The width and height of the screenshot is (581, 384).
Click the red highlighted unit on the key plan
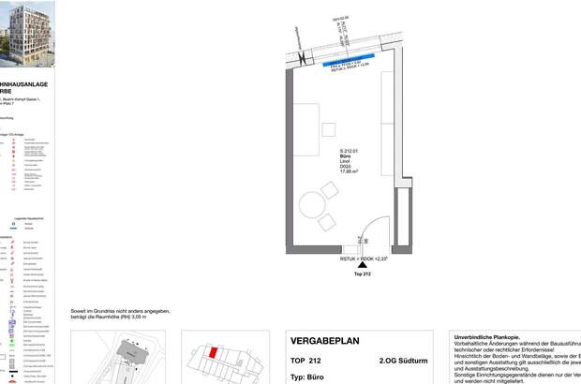point(213,354)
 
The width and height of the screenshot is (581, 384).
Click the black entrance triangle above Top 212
point(363,267)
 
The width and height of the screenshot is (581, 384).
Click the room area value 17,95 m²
point(350,171)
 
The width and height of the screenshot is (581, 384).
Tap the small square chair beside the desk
point(328,128)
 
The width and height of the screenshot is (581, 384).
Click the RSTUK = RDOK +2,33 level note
point(363,258)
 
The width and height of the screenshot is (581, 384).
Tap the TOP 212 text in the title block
point(305,360)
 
